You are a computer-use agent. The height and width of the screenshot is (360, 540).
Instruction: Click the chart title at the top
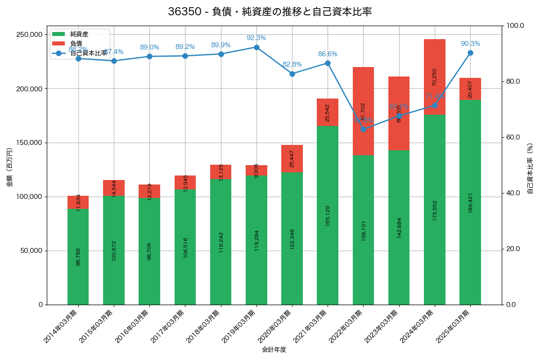click(270, 12)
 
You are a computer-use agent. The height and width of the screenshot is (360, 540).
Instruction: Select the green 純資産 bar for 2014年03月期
click(78, 256)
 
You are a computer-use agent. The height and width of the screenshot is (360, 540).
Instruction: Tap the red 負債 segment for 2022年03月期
click(363, 111)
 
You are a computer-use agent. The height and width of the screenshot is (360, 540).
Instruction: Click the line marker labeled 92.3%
click(256, 47)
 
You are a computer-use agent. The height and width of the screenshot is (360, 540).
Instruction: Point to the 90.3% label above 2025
click(470, 44)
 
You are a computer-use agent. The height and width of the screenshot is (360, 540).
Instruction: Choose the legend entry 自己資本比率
click(89, 53)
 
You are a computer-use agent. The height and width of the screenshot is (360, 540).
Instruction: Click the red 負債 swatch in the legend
click(58, 44)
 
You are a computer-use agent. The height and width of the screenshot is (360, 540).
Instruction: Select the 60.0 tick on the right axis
click(512, 137)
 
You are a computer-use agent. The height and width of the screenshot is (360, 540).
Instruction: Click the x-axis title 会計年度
click(274, 349)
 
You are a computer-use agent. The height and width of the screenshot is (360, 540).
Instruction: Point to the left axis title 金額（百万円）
click(9, 168)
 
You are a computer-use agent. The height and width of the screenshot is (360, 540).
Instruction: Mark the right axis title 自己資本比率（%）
click(530, 168)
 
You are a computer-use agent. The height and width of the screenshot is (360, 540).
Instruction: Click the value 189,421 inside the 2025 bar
click(470, 202)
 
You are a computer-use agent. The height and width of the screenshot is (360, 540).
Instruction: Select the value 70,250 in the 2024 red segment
click(434, 77)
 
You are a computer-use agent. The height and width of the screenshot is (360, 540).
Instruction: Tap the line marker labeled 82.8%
click(292, 74)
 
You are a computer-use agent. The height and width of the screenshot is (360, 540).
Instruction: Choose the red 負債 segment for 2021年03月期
click(328, 112)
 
